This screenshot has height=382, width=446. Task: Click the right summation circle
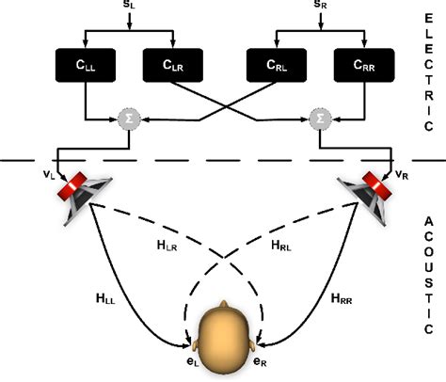tap(317, 119)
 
